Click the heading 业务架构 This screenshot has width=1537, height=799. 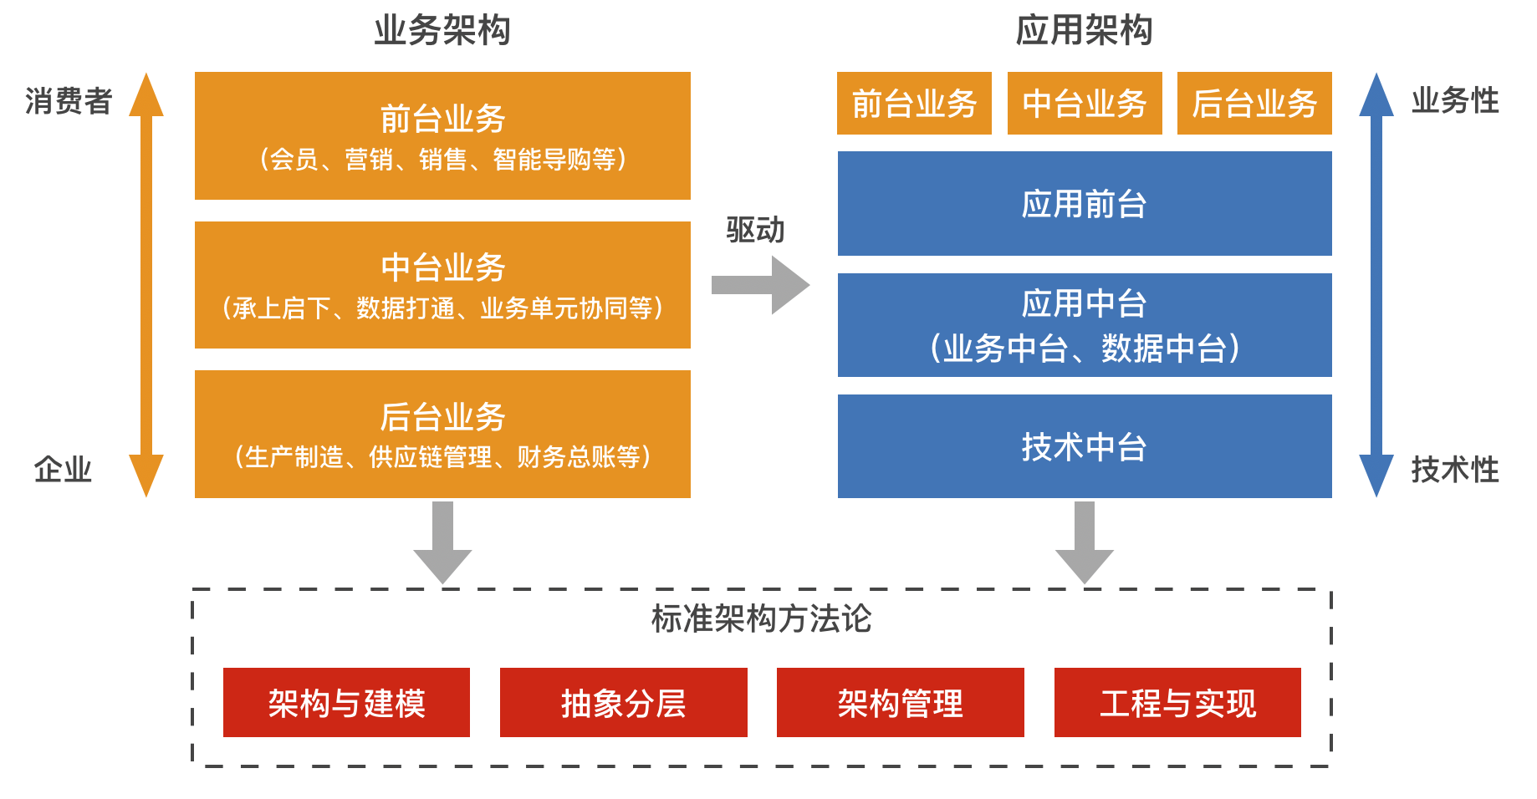[x=442, y=31]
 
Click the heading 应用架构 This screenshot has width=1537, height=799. [x=1084, y=31]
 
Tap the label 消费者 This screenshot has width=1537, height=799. [x=69, y=101]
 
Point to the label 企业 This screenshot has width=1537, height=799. [x=63, y=470]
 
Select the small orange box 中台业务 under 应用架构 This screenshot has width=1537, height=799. [x=1085, y=104]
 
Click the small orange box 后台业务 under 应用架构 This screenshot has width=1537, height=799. [x=1254, y=104]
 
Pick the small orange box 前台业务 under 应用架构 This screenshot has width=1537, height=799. [x=914, y=104]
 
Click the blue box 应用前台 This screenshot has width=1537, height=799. [x=1085, y=204]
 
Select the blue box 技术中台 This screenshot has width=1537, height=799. [x=1085, y=446]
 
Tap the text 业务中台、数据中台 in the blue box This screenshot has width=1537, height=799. [x=1085, y=348]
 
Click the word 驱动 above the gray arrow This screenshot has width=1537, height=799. [x=755, y=230]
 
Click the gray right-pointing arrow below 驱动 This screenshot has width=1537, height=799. [x=759, y=285]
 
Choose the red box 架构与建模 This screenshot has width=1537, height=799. [x=346, y=703]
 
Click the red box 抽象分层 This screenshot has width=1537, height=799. [x=623, y=703]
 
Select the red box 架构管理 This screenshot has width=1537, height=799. [x=900, y=703]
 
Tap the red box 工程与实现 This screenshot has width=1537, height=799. [x=1177, y=703]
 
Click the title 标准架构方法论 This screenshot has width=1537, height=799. [x=761, y=619]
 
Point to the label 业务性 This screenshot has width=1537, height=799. [x=1455, y=101]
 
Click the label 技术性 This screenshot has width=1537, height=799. [x=1455, y=470]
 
